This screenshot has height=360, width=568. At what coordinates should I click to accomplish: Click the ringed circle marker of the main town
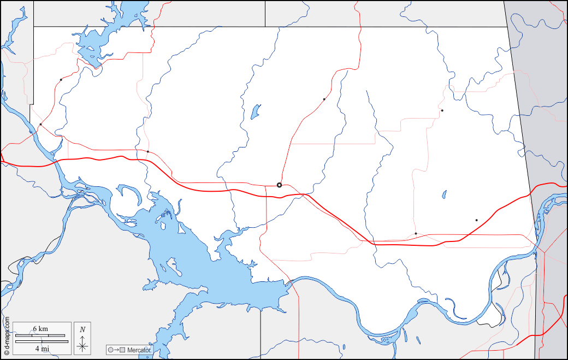(279, 185)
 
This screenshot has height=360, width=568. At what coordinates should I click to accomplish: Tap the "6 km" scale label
(40, 329)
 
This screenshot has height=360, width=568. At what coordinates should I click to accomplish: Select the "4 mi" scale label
(42, 348)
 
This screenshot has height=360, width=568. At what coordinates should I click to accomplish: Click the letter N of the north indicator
(82, 329)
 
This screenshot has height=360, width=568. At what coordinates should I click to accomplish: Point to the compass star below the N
(82, 345)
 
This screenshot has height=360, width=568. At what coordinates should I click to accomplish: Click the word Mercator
(139, 350)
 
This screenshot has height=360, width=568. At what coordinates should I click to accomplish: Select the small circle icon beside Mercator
(111, 350)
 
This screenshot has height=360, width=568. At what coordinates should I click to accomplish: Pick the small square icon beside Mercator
(123, 350)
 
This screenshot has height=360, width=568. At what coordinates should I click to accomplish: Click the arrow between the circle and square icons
(117, 350)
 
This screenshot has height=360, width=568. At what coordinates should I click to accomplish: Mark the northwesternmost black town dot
(61, 80)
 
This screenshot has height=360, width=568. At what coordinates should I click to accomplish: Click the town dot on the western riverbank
(40, 125)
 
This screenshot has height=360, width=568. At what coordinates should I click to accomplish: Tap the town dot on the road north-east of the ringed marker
(324, 99)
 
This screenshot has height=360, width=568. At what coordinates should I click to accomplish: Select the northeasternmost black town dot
(442, 111)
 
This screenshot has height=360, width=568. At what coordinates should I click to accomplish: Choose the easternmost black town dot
(476, 220)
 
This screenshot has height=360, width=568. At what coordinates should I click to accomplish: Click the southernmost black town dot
(416, 234)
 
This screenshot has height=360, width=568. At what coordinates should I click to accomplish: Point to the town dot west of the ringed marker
(148, 151)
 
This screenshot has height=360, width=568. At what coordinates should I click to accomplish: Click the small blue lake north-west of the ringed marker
(255, 112)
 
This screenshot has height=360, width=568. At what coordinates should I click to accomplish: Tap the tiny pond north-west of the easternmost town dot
(445, 194)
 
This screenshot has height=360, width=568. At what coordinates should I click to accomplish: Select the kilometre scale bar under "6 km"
(40, 335)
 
